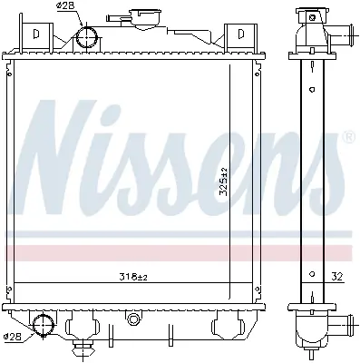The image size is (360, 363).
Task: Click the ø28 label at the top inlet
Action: [x=65, y=6]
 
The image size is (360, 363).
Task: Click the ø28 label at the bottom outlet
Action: [x=14, y=337]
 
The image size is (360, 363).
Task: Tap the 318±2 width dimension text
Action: [x=132, y=277]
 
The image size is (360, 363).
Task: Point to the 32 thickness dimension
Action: [x=338, y=277]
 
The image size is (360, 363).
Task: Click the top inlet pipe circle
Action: [x=87, y=36]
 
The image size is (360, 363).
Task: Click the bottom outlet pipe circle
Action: [x=44, y=325]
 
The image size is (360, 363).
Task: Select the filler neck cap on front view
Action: [x=145, y=19]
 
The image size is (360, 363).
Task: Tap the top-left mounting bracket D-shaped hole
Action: [x=36, y=34]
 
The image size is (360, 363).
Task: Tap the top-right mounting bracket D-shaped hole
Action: [x=241, y=34]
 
